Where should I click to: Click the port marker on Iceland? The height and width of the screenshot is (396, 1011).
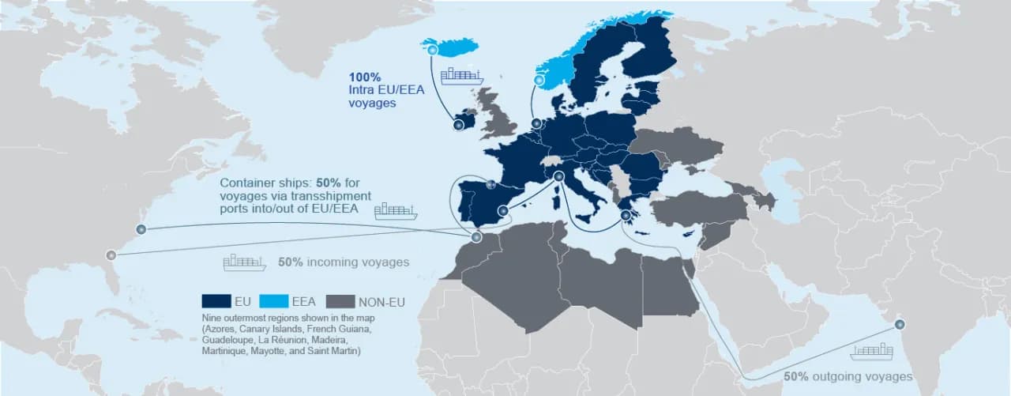(434, 49)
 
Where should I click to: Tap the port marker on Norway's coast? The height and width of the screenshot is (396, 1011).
(540, 81)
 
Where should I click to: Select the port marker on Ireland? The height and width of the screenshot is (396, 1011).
(457, 124)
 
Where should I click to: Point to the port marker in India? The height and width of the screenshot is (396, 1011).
(900, 324)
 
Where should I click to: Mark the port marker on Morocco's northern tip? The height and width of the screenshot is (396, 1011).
(475, 237)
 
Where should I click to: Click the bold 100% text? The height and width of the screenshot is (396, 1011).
(365, 77)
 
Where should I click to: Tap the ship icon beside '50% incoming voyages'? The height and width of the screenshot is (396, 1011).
(245, 262)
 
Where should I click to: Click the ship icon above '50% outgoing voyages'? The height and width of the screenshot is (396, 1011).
(871, 351)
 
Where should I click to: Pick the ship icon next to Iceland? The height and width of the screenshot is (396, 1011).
(462, 76)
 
